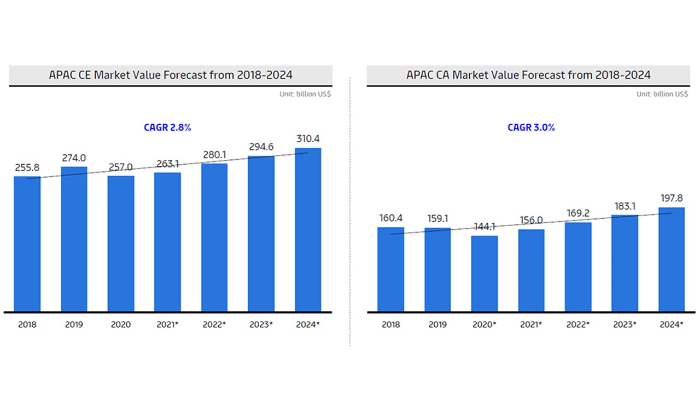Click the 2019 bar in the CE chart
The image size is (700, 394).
click(74, 239)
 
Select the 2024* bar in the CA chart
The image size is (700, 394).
click(672, 259)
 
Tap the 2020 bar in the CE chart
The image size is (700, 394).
click(121, 244)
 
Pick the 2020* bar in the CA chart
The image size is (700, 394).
click(485, 274)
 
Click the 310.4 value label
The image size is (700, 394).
click(308, 139)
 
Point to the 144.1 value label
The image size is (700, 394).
click(485, 227)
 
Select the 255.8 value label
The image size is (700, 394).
click(27, 167)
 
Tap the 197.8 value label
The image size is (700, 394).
click(672, 198)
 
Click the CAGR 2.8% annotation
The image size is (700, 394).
click(167, 128)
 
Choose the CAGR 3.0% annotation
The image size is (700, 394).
click(531, 128)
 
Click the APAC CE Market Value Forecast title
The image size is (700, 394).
click(171, 75)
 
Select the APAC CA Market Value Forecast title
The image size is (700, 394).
click(528, 75)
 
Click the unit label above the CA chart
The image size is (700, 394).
click(662, 94)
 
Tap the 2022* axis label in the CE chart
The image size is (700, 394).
click(214, 325)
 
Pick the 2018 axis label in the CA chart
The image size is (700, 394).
click(390, 325)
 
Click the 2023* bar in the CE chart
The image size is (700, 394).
click(261, 234)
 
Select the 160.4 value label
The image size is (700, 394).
click(390, 218)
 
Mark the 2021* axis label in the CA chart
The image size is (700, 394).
click(532, 325)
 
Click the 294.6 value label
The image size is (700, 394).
click(261, 147)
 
